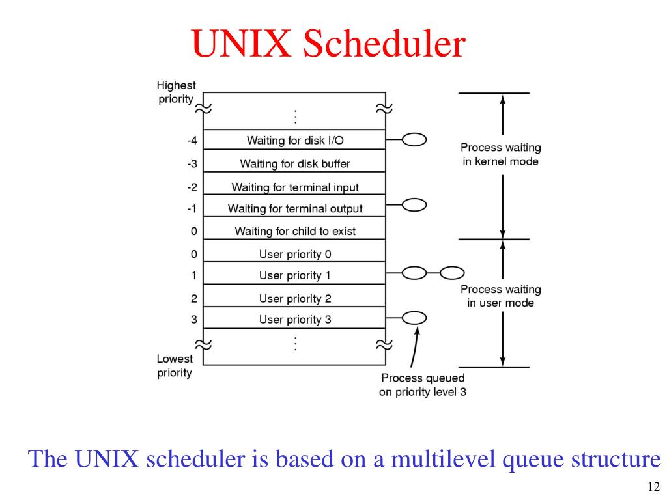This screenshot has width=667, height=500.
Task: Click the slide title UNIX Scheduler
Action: tap(329, 45)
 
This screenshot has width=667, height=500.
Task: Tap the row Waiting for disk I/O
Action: tap(295, 140)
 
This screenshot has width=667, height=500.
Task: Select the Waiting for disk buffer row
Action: tap(295, 163)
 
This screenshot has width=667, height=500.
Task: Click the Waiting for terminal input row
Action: tap(295, 187)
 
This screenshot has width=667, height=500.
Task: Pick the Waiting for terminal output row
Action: tap(295, 209)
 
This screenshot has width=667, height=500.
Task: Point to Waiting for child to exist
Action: tap(295, 231)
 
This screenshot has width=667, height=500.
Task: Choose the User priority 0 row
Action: tap(295, 254)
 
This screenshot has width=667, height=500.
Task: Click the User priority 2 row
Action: tap(295, 299)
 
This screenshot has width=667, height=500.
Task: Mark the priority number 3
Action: tap(193, 320)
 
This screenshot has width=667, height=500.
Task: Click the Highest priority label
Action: tap(176, 92)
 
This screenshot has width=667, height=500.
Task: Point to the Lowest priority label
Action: tap(175, 366)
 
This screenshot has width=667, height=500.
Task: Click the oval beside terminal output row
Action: tap(414, 206)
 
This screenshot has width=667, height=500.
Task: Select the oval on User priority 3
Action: tap(414, 318)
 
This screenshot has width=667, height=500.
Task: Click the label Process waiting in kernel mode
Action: tap(500, 154)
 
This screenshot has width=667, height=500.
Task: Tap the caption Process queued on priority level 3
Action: tap(423, 385)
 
